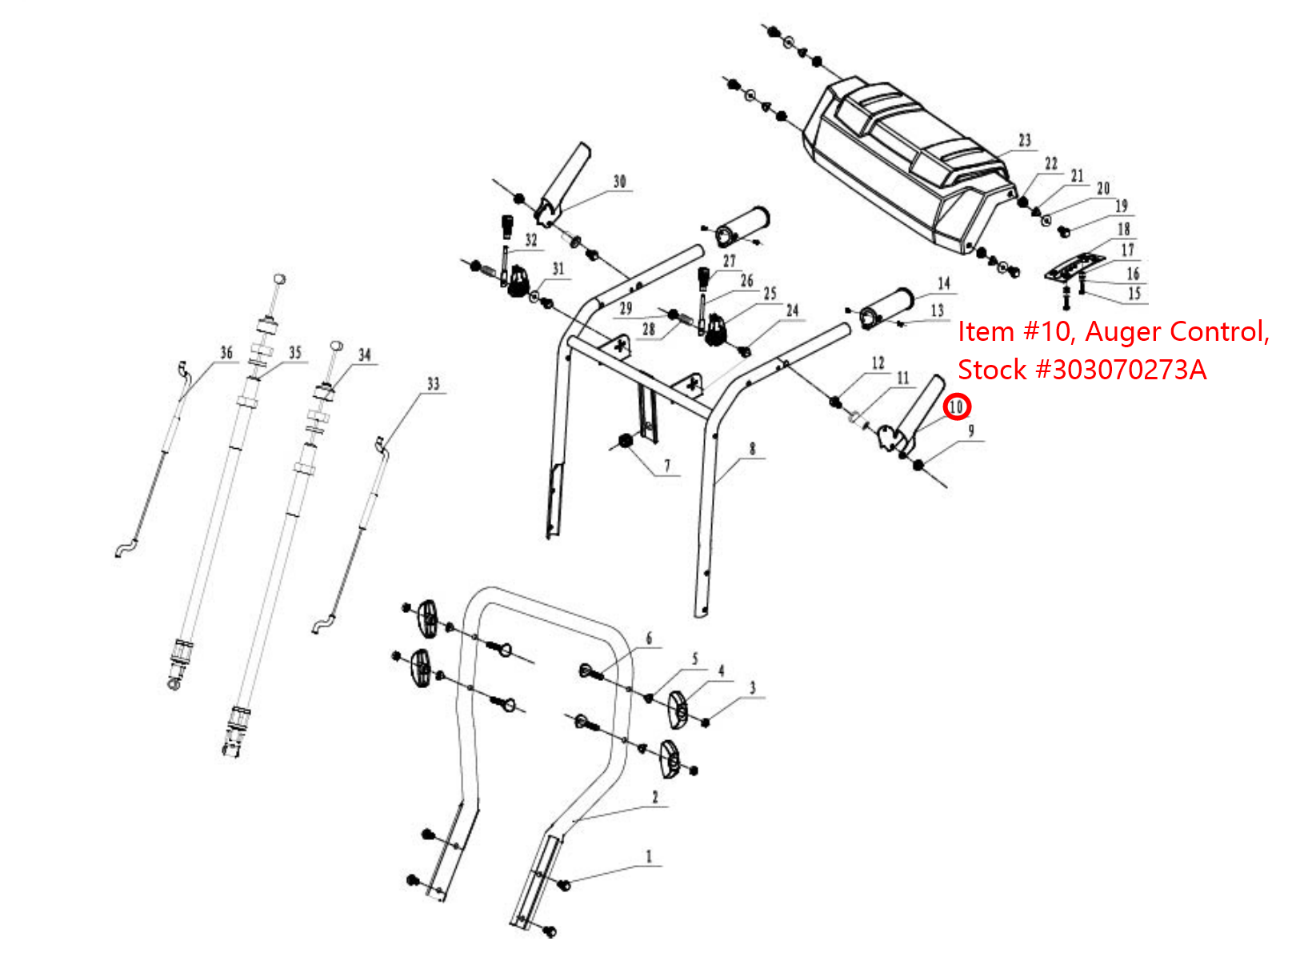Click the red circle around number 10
click(x=957, y=406)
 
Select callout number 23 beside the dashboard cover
click(x=1025, y=140)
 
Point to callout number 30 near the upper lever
click(x=619, y=182)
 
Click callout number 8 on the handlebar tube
click(x=752, y=449)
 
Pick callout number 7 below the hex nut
click(x=667, y=465)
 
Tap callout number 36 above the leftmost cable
click(x=226, y=353)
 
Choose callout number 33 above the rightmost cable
click(x=433, y=384)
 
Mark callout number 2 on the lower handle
click(x=655, y=797)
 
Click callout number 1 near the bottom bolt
click(x=649, y=856)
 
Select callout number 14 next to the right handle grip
click(x=944, y=283)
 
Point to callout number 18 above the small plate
click(x=1123, y=229)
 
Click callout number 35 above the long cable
click(x=295, y=353)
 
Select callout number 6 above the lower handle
click(x=649, y=639)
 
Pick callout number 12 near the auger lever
click(x=878, y=362)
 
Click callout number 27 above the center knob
click(x=729, y=261)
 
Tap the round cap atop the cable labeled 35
click(x=279, y=278)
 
